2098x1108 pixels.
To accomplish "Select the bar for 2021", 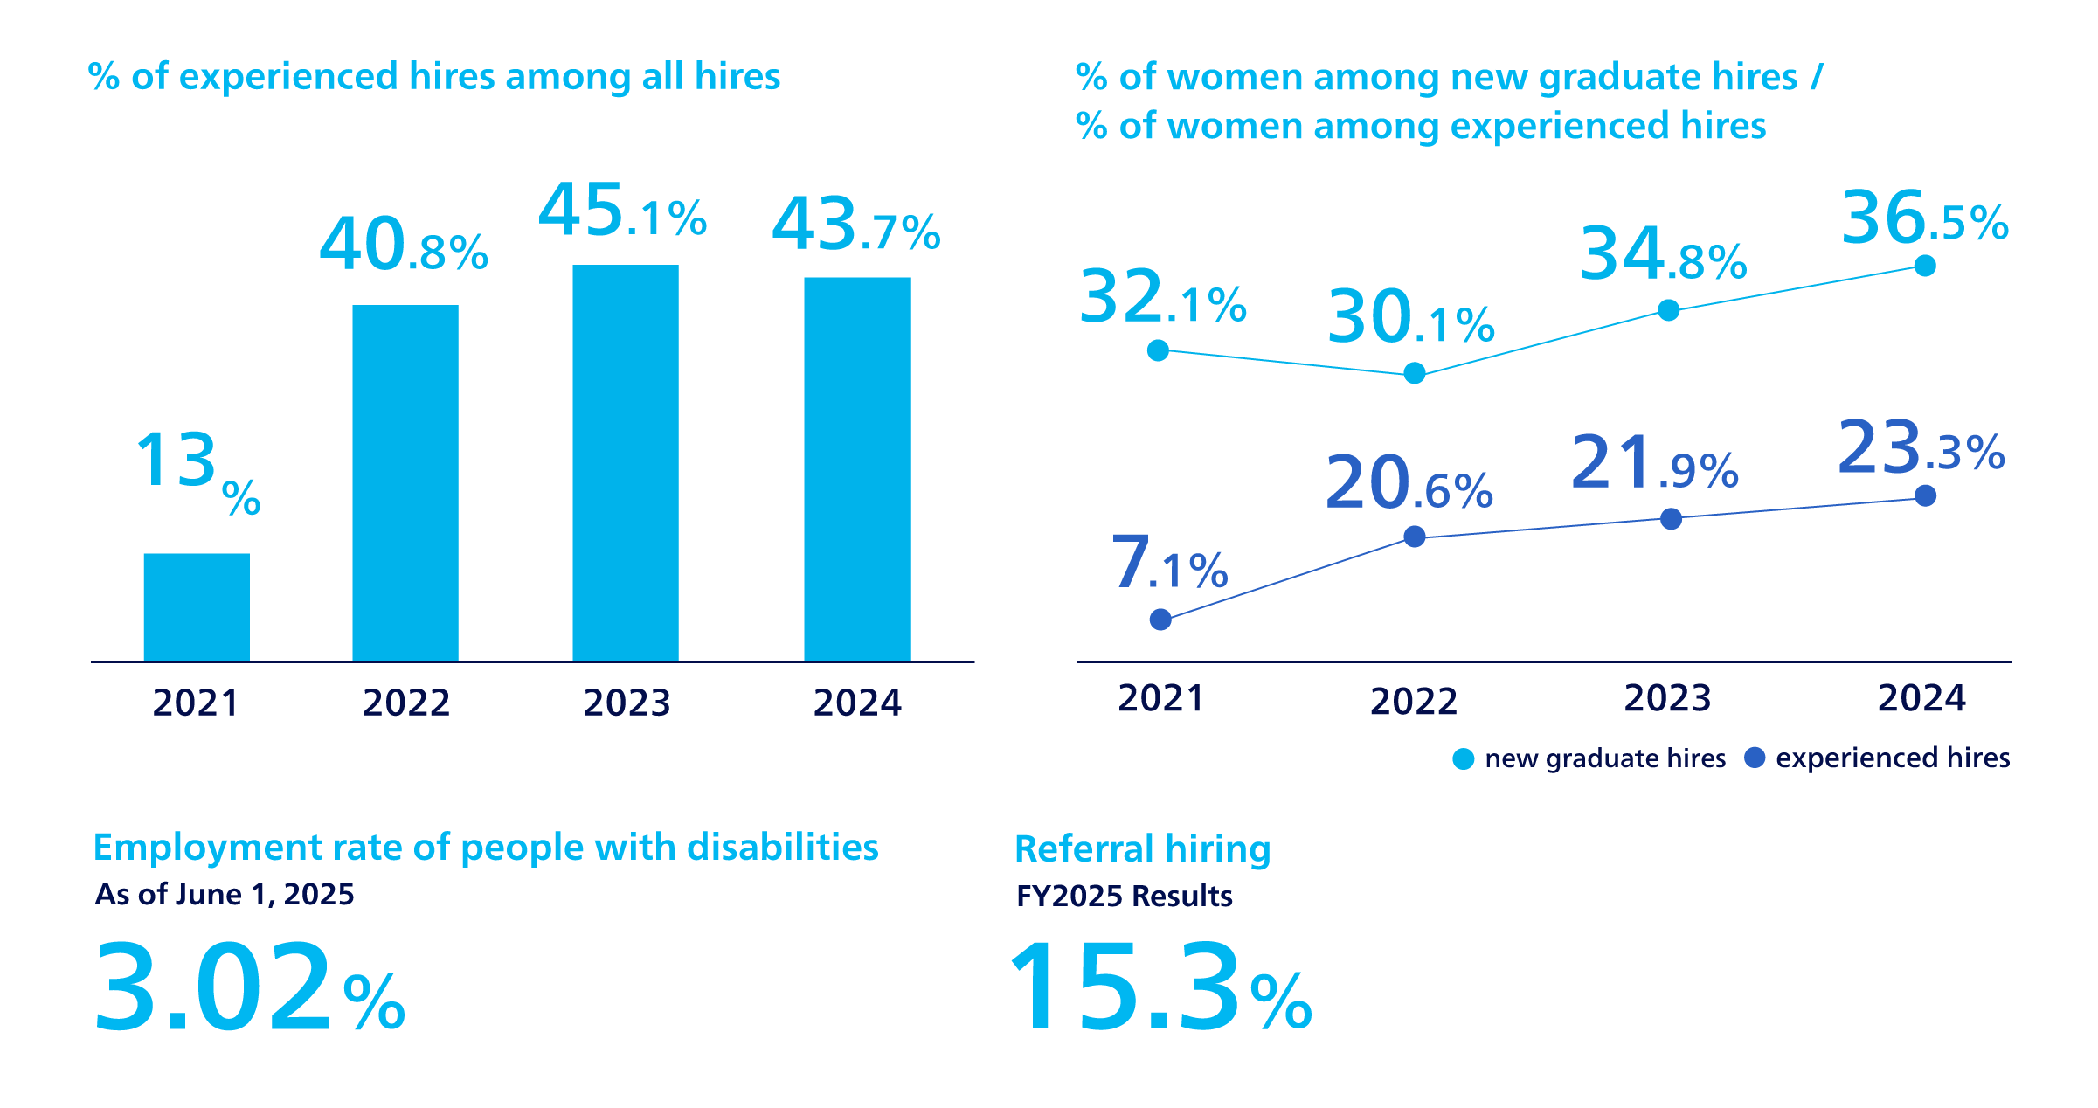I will click(197, 607).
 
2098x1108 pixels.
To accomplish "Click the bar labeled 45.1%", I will click(626, 463).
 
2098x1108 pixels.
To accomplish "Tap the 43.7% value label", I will click(855, 225).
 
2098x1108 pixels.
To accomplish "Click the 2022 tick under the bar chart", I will click(406, 703).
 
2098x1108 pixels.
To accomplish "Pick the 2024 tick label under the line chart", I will click(1921, 698).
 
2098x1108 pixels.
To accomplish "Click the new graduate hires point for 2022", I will click(1414, 374).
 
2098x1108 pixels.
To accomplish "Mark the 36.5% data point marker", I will click(1925, 266).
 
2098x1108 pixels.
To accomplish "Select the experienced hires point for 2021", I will click(1160, 620).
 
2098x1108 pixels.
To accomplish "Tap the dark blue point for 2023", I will click(1671, 519).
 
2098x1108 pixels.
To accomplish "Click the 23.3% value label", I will click(1921, 448).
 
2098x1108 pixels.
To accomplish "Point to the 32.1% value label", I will click(1162, 298).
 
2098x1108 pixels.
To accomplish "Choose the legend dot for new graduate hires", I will click(1463, 759).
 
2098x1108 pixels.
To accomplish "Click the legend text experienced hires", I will click(1893, 758).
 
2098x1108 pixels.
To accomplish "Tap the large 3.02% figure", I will click(249, 987).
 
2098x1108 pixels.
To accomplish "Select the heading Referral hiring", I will click(1142, 849).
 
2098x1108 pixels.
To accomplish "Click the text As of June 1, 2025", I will click(225, 895).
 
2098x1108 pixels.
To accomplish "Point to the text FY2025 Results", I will click(1124, 897).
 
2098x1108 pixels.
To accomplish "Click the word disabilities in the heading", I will click(782, 848).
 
